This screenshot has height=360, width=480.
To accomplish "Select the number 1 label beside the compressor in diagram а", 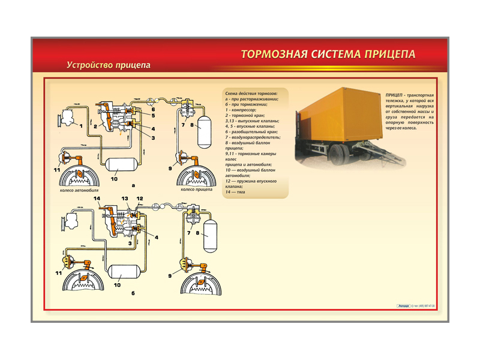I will click(x=80, y=125).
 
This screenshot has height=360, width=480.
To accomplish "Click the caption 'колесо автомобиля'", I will click(x=79, y=190).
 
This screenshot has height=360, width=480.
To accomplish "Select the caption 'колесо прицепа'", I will click(x=195, y=190).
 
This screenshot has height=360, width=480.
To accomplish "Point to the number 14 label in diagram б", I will click(x=97, y=199).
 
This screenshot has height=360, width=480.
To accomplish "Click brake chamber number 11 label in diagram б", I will click(x=58, y=272).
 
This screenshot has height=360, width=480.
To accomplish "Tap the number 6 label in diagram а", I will click(x=153, y=110).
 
